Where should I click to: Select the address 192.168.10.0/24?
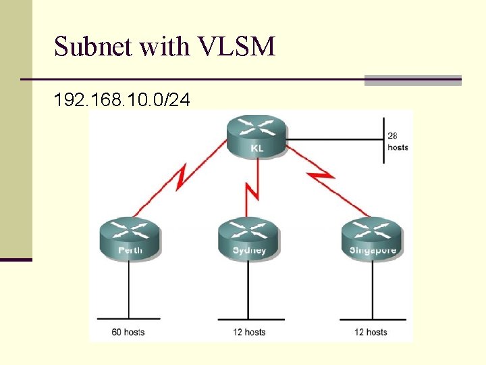pos(122,101)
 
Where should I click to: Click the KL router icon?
pos(256,135)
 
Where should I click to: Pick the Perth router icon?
pos(130,239)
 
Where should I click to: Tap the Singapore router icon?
pos(372,239)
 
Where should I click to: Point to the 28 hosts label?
pos(398,141)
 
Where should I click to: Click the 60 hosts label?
pos(128,332)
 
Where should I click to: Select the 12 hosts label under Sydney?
pos(250,332)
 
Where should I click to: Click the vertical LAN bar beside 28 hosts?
pos(384,141)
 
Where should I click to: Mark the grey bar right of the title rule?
pos(412,80)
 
